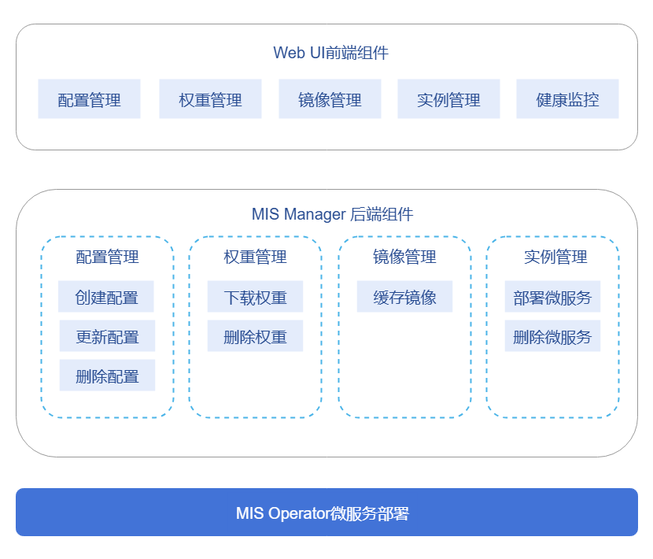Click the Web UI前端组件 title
tap(330, 53)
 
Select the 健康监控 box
tap(567, 99)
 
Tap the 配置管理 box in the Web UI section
tap(89, 99)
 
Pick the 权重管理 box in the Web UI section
tap(210, 99)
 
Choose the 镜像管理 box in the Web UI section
tap(330, 99)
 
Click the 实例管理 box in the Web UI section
tap(448, 99)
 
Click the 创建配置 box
tap(106, 297)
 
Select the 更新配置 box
tap(107, 336)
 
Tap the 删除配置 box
tap(107, 376)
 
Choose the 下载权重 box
tap(255, 297)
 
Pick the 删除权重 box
tap(255, 336)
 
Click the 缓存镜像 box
tap(404, 297)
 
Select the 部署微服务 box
tap(552, 297)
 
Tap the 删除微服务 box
tap(552, 336)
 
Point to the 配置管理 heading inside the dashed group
tap(107, 257)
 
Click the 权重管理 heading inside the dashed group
tap(255, 257)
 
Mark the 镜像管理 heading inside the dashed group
tap(404, 257)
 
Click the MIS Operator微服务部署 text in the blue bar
tap(323, 513)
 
